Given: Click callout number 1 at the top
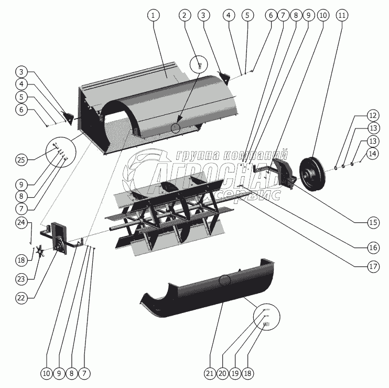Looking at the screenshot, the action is click(x=153, y=15).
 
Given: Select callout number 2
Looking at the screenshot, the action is click(x=185, y=15).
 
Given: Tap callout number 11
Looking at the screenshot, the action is click(x=342, y=15).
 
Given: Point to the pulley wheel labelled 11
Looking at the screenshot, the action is click(x=312, y=174).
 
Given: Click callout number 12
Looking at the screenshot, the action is click(x=373, y=115).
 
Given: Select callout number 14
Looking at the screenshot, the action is click(x=373, y=154).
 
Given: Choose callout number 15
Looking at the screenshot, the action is click(x=373, y=222).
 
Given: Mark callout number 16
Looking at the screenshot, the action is click(x=373, y=247).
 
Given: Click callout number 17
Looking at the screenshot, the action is click(x=373, y=267).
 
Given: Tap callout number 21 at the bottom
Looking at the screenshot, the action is click(x=210, y=373).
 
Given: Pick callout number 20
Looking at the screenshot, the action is click(x=222, y=373).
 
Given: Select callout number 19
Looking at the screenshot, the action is click(x=235, y=373).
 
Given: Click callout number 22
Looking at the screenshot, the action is click(x=21, y=298).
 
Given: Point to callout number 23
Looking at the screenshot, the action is click(x=21, y=279).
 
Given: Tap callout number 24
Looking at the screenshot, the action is click(x=21, y=222).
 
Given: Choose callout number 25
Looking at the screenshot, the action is click(x=21, y=160).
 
